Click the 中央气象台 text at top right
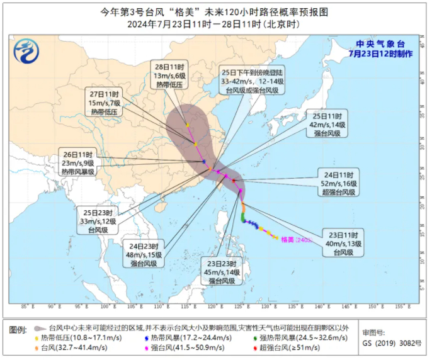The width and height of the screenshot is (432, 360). [380, 44]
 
